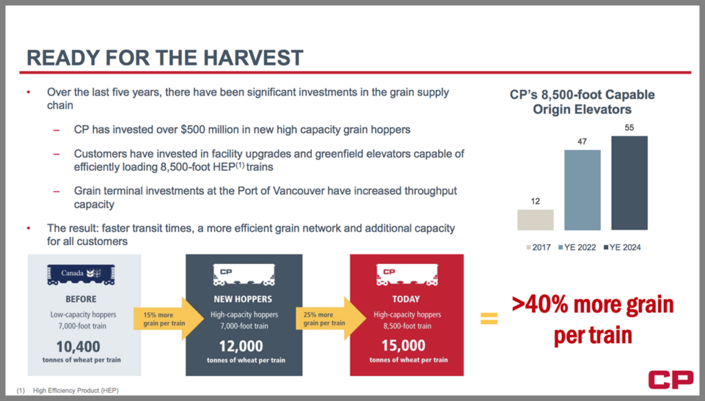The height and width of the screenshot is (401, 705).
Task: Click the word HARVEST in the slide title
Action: tap(253, 58)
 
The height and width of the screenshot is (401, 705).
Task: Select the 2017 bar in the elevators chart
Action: tap(535, 220)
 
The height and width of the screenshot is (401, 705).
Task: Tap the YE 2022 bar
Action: tap(582, 190)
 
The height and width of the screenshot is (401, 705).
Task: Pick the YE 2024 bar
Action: tap(629, 183)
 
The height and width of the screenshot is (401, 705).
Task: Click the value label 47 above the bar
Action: tap(582, 142)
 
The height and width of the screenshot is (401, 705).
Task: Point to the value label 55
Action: tap(629, 127)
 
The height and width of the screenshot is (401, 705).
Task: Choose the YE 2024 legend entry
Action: tap(622, 248)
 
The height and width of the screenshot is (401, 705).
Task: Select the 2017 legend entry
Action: tap(538, 248)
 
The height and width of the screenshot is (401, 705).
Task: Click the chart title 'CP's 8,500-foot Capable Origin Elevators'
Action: tap(582, 102)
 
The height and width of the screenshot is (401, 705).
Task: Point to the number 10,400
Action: tap(78, 347)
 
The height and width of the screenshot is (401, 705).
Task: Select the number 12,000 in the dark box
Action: tap(241, 346)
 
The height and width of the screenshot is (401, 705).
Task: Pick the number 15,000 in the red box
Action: tap(403, 346)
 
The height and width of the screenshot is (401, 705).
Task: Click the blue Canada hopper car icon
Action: tap(81, 275)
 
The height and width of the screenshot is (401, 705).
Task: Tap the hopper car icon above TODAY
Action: tap(407, 275)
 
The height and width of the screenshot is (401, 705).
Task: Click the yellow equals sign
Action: tap(490, 318)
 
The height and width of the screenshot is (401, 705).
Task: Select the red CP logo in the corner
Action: tap(671, 380)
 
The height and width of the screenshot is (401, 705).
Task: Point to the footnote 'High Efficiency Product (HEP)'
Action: tap(76, 391)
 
